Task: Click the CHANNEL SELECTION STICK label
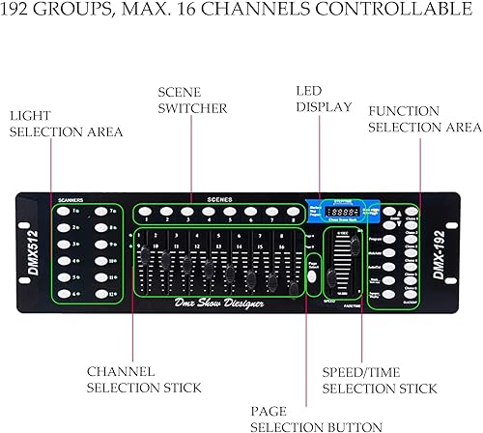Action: (145, 378)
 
